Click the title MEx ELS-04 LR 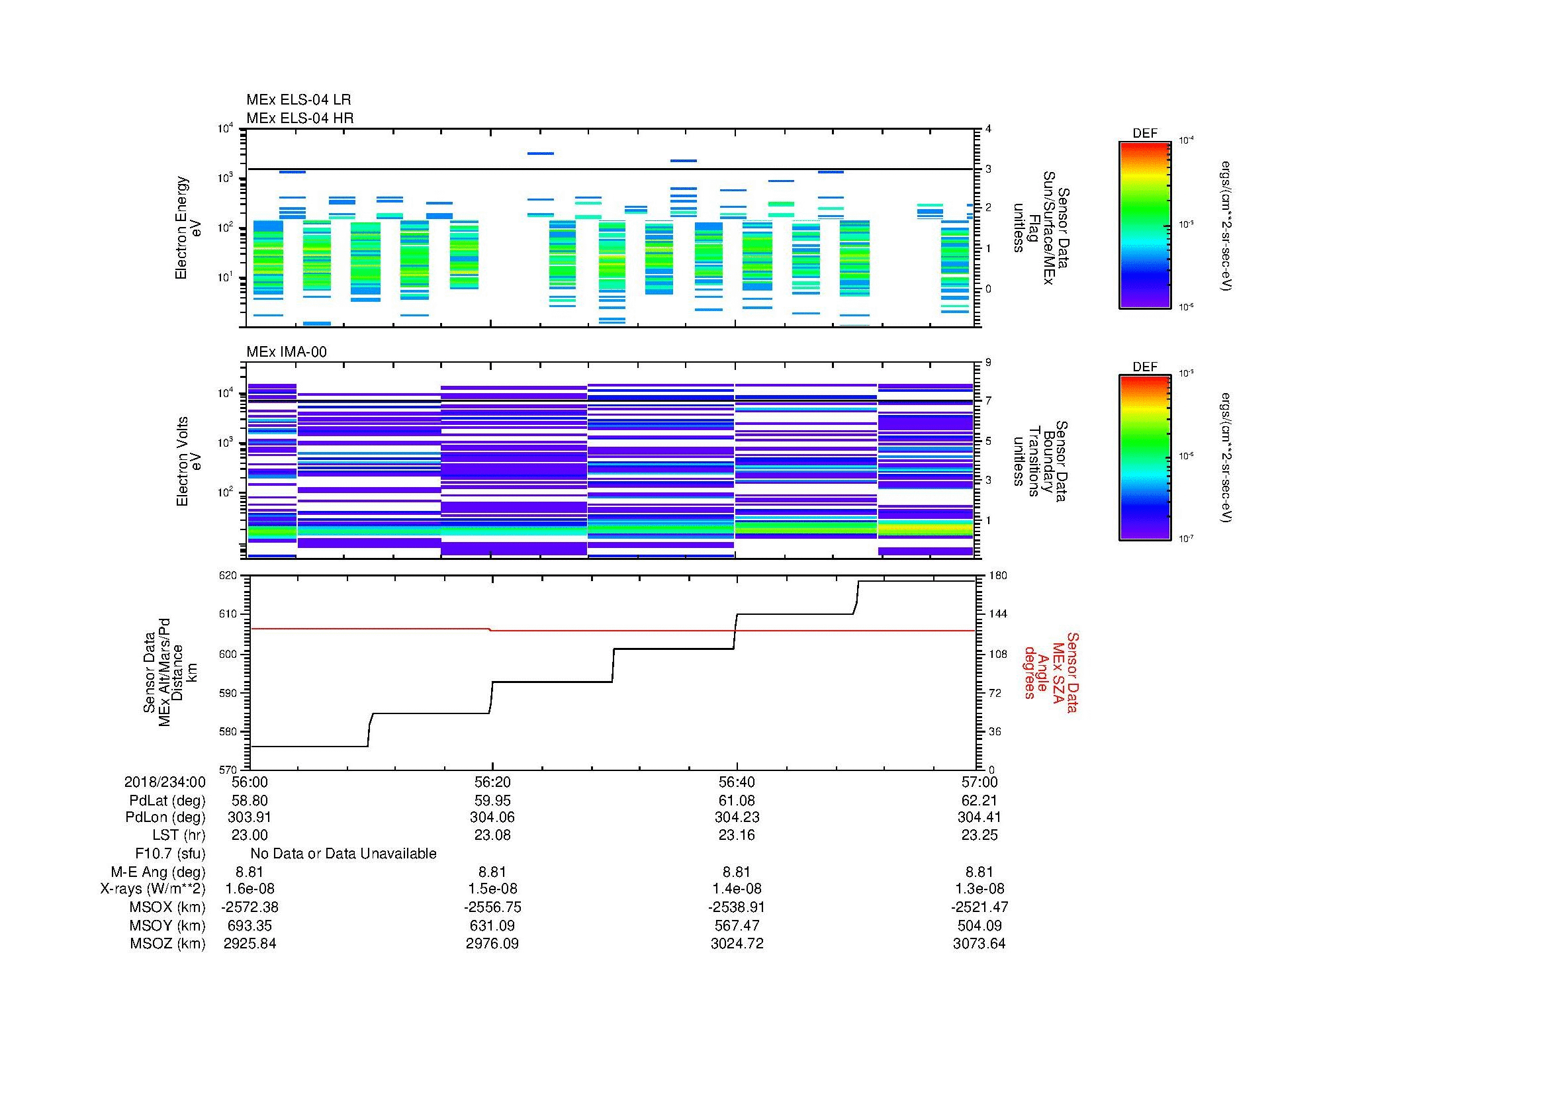(298, 100)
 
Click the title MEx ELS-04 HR (299, 118)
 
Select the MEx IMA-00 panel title (286, 352)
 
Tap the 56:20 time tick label (492, 782)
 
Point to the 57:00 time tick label (979, 782)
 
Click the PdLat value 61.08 (736, 801)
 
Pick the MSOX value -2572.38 (250, 907)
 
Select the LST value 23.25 (979, 835)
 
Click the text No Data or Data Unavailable (343, 853)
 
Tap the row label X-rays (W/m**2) (152, 889)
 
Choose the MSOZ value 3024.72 (736, 944)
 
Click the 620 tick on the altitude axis (228, 576)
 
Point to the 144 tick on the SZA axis (997, 614)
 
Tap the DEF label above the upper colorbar (1145, 134)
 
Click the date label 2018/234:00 (165, 782)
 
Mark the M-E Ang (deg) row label (158, 872)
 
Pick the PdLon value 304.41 (979, 817)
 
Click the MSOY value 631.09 (492, 925)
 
